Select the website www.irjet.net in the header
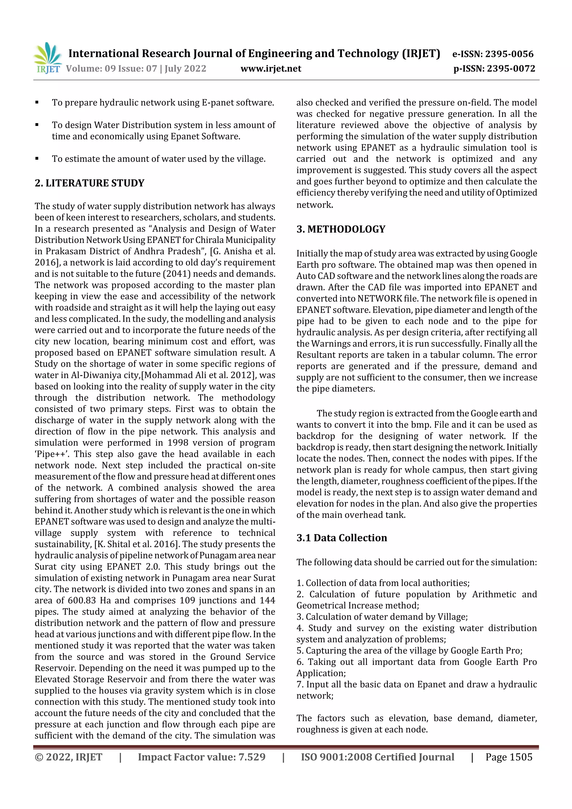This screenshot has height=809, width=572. (x=271, y=68)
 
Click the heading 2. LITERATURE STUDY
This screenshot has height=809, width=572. (x=90, y=183)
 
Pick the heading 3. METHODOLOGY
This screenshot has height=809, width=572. (x=341, y=229)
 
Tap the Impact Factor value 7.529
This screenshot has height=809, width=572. (x=252, y=757)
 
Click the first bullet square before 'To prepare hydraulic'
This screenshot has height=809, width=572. (x=37, y=102)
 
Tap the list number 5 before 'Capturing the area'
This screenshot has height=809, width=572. (x=300, y=650)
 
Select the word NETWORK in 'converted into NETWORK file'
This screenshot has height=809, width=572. (x=380, y=299)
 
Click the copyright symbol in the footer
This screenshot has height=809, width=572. (x=39, y=757)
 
